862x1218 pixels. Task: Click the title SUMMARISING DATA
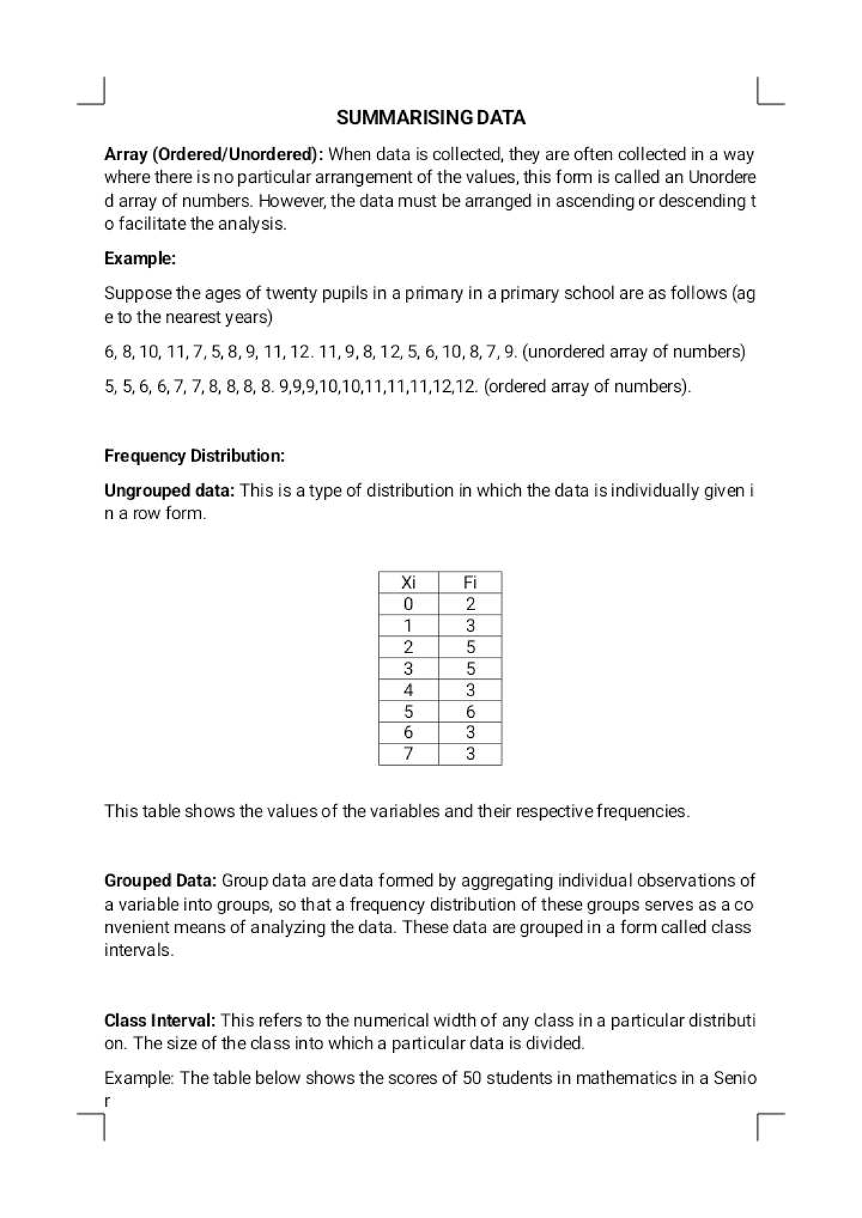point(430,118)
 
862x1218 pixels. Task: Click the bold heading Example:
point(140,258)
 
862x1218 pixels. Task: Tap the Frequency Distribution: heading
point(194,456)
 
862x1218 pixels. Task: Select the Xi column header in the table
point(408,582)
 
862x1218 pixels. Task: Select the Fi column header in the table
point(470,582)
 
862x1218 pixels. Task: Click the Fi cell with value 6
point(470,711)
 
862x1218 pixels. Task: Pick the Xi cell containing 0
point(408,604)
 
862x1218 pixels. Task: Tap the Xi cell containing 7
point(408,754)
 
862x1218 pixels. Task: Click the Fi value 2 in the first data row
point(470,604)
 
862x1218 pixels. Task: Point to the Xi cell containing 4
point(408,690)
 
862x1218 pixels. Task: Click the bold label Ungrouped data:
point(170,491)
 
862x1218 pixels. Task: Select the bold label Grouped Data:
point(160,881)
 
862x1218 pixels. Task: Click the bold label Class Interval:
point(159,1021)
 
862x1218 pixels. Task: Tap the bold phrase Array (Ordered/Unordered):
point(214,154)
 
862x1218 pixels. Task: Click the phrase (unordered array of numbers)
point(634,352)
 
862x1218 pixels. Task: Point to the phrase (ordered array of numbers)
point(587,387)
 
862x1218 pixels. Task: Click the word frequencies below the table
point(642,811)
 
